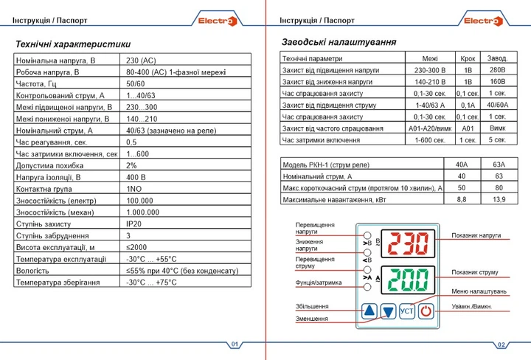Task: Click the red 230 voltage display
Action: point(408,243)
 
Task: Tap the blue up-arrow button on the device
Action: point(369,311)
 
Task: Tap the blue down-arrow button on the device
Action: point(389,311)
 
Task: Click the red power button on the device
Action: point(426,311)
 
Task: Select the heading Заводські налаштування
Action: point(339,42)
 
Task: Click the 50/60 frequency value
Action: point(136,83)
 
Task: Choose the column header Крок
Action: point(468,58)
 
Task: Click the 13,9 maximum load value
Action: point(498,199)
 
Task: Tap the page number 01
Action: point(235,345)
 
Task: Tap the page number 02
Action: point(501,345)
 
